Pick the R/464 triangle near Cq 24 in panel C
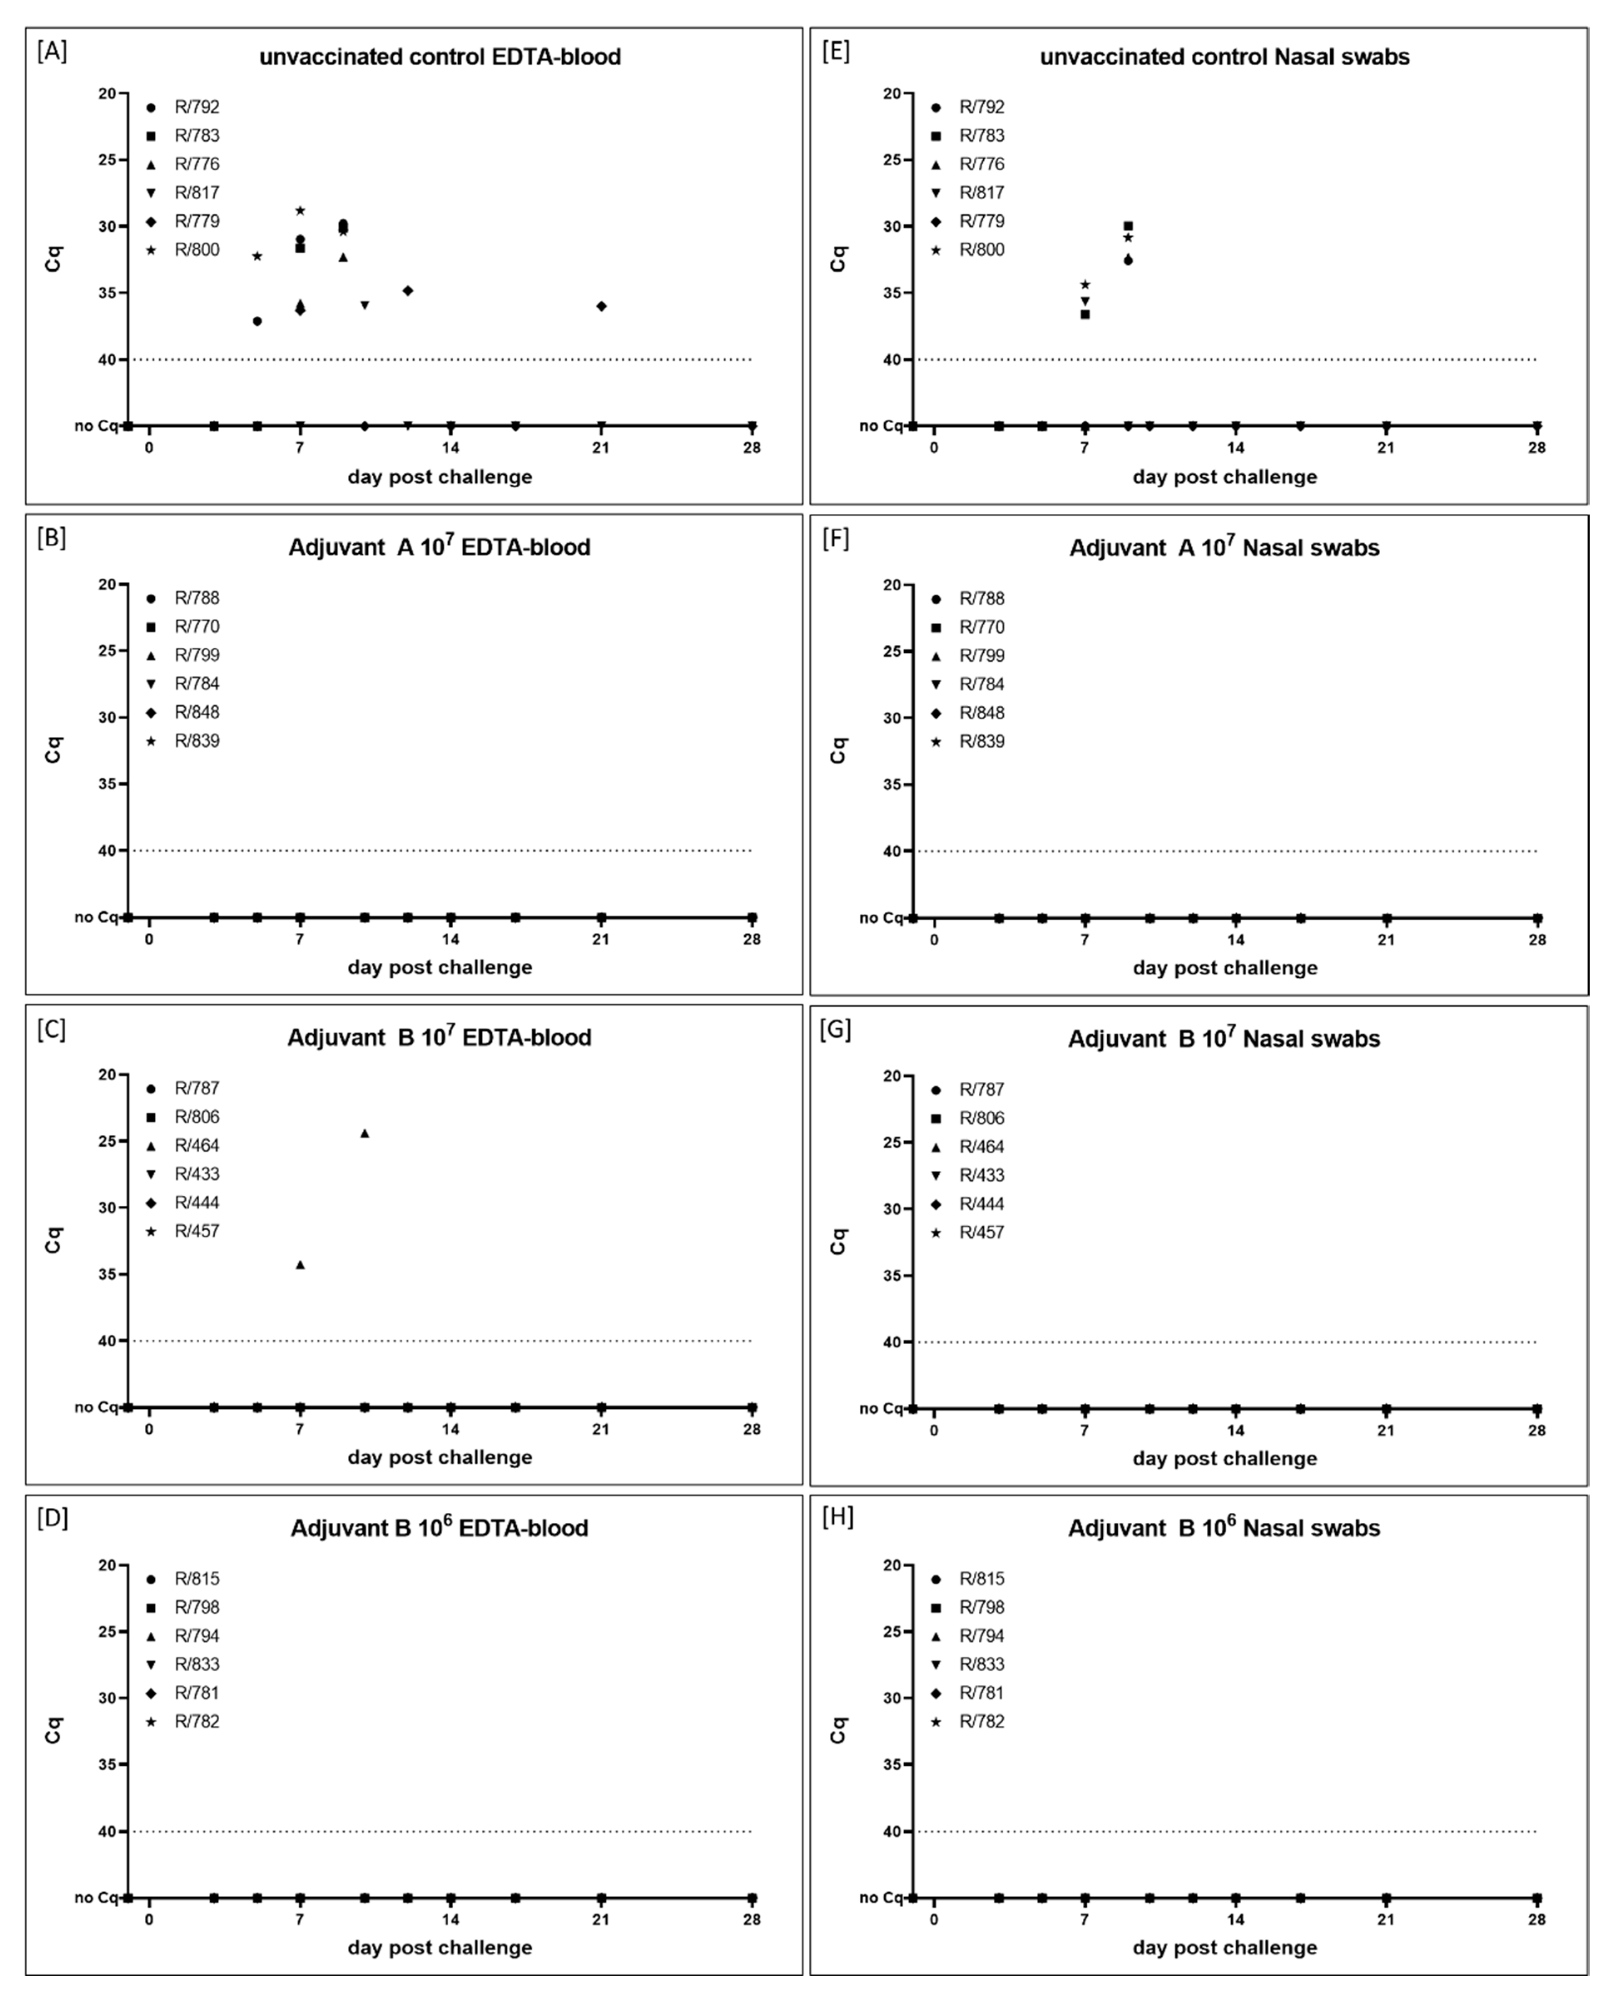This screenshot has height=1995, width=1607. pyautogui.click(x=365, y=1133)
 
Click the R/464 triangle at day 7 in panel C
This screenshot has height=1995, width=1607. pyautogui.click(x=300, y=1265)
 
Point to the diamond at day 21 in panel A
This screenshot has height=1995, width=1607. pyautogui.click(x=602, y=306)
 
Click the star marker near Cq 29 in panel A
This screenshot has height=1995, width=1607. pyautogui.click(x=300, y=211)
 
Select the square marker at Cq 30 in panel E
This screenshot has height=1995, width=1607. pyautogui.click(x=1128, y=226)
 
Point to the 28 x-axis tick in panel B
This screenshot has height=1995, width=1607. pyautogui.click(x=751, y=939)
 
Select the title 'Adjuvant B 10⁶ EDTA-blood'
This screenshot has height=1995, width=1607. pyautogui.click(x=440, y=1528)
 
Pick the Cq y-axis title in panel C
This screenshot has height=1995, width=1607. pyautogui.click(x=54, y=1240)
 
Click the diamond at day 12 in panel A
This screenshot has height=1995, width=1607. pyautogui.click(x=407, y=290)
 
